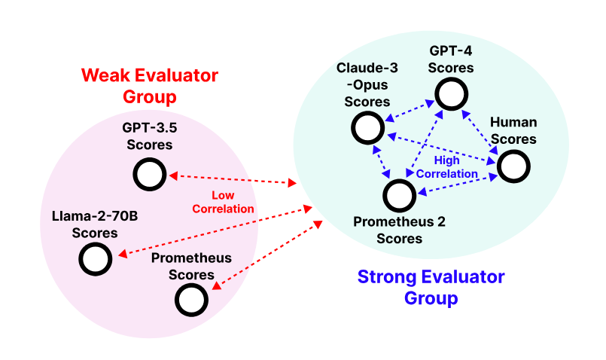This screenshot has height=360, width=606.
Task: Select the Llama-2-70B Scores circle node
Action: point(96,259)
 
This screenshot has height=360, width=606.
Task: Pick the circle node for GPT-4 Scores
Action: point(451,94)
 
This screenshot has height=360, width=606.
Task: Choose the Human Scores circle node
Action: point(512,166)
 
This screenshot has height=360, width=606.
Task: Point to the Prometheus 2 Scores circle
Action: point(400,196)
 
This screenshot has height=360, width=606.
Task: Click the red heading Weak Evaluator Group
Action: point(149,86)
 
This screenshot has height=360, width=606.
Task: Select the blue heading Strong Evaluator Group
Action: point(431,287)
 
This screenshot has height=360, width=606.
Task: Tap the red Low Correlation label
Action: point(223,203)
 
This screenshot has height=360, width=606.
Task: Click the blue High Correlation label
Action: point(447,167)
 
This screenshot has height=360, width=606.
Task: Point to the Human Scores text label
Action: point(513,132)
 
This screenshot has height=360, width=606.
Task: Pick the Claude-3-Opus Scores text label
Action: point(367,84)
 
